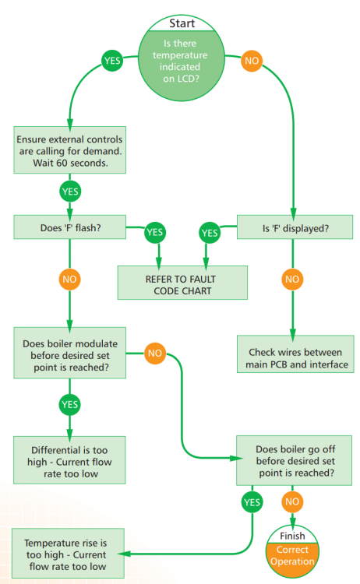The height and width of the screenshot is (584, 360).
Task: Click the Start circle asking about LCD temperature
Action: pyautogui.click(x=182, y=58)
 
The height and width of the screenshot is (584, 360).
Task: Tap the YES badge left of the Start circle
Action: pyautogui.click(x=112, y=61)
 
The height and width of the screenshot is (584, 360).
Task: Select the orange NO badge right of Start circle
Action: pyautogui.click(x=252, y=61)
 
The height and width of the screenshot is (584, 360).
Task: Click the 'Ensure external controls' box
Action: pyautogui.click(x=70, y=150)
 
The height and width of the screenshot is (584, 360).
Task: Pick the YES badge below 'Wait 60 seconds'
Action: pyautogui.click(x=70, y=192)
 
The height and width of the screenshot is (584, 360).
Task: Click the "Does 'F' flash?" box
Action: pyautogui.click(x=70, y=227)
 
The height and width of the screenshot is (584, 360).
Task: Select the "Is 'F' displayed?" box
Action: pyautogui.click(x=295, y=227)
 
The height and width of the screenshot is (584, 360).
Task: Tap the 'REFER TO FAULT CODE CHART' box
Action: pyautogui.click(x=182, y=283)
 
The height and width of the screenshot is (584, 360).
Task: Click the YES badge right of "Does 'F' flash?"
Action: pyautogui.click(x=155, y=232)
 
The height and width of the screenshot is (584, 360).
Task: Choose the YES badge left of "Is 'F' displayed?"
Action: pyautogui.click(x=210, y=233)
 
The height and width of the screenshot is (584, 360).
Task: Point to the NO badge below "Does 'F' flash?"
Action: pyautogui.click(x=69, y=280)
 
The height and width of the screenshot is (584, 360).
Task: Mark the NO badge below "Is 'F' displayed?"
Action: pyautogui.click(x=292, y=280)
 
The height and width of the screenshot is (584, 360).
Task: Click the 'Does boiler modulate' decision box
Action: pyautogui.click(x=70, y=353)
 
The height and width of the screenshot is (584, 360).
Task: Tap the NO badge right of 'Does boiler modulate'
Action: pyautogui.click(x=155, y=353)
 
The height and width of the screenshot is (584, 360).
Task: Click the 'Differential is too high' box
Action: pyautogui.click(x=69, y=460)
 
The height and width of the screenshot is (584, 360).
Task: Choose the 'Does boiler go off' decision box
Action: pyautogui.click(x=294, y=461)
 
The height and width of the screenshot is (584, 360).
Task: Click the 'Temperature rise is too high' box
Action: pyautogui.click(x=68, y=553)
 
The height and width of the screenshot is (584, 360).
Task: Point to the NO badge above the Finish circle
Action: pyautogui.click(x=292, y=501)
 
